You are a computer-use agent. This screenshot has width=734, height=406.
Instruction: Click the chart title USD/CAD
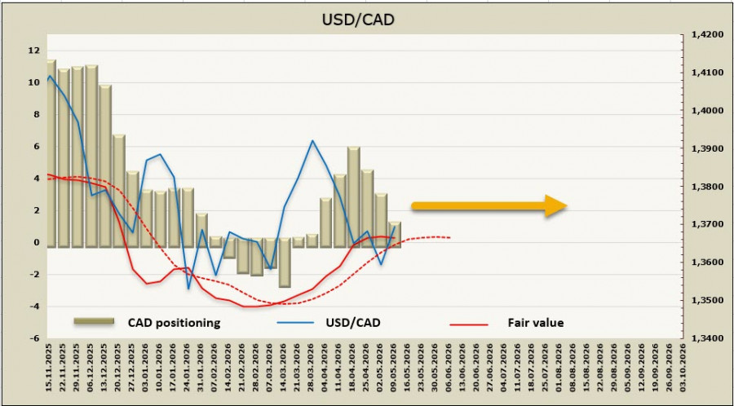(x=358, y=20)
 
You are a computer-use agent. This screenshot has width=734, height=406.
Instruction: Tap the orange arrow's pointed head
(x=567, y=205)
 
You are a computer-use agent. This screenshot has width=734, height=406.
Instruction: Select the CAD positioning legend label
(x=174, y=323)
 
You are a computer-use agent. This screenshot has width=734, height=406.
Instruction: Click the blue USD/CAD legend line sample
(x=294, y=323)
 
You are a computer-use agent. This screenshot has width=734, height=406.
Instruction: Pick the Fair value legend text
(x=536, y=323)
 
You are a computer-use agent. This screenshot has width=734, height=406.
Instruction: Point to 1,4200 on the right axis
(x=706, y=35)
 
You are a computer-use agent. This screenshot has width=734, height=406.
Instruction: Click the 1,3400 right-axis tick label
(x=706, y=338)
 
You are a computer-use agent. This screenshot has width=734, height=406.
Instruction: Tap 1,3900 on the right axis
(x=706, y=148)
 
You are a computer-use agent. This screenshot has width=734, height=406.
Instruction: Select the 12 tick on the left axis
(x=35, y=51)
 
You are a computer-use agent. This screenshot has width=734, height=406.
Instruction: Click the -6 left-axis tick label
(x=36, y=338)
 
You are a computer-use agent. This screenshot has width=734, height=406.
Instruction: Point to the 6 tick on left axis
(x=38, y=147)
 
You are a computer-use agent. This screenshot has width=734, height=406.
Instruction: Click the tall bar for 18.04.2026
(x=353, y=197)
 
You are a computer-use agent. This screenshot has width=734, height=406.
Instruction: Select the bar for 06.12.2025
(x=91, y=157)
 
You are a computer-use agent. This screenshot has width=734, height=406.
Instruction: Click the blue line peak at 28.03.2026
(x=312, y=140)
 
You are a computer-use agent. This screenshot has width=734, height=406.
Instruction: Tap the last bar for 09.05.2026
(x=395, y=234)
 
